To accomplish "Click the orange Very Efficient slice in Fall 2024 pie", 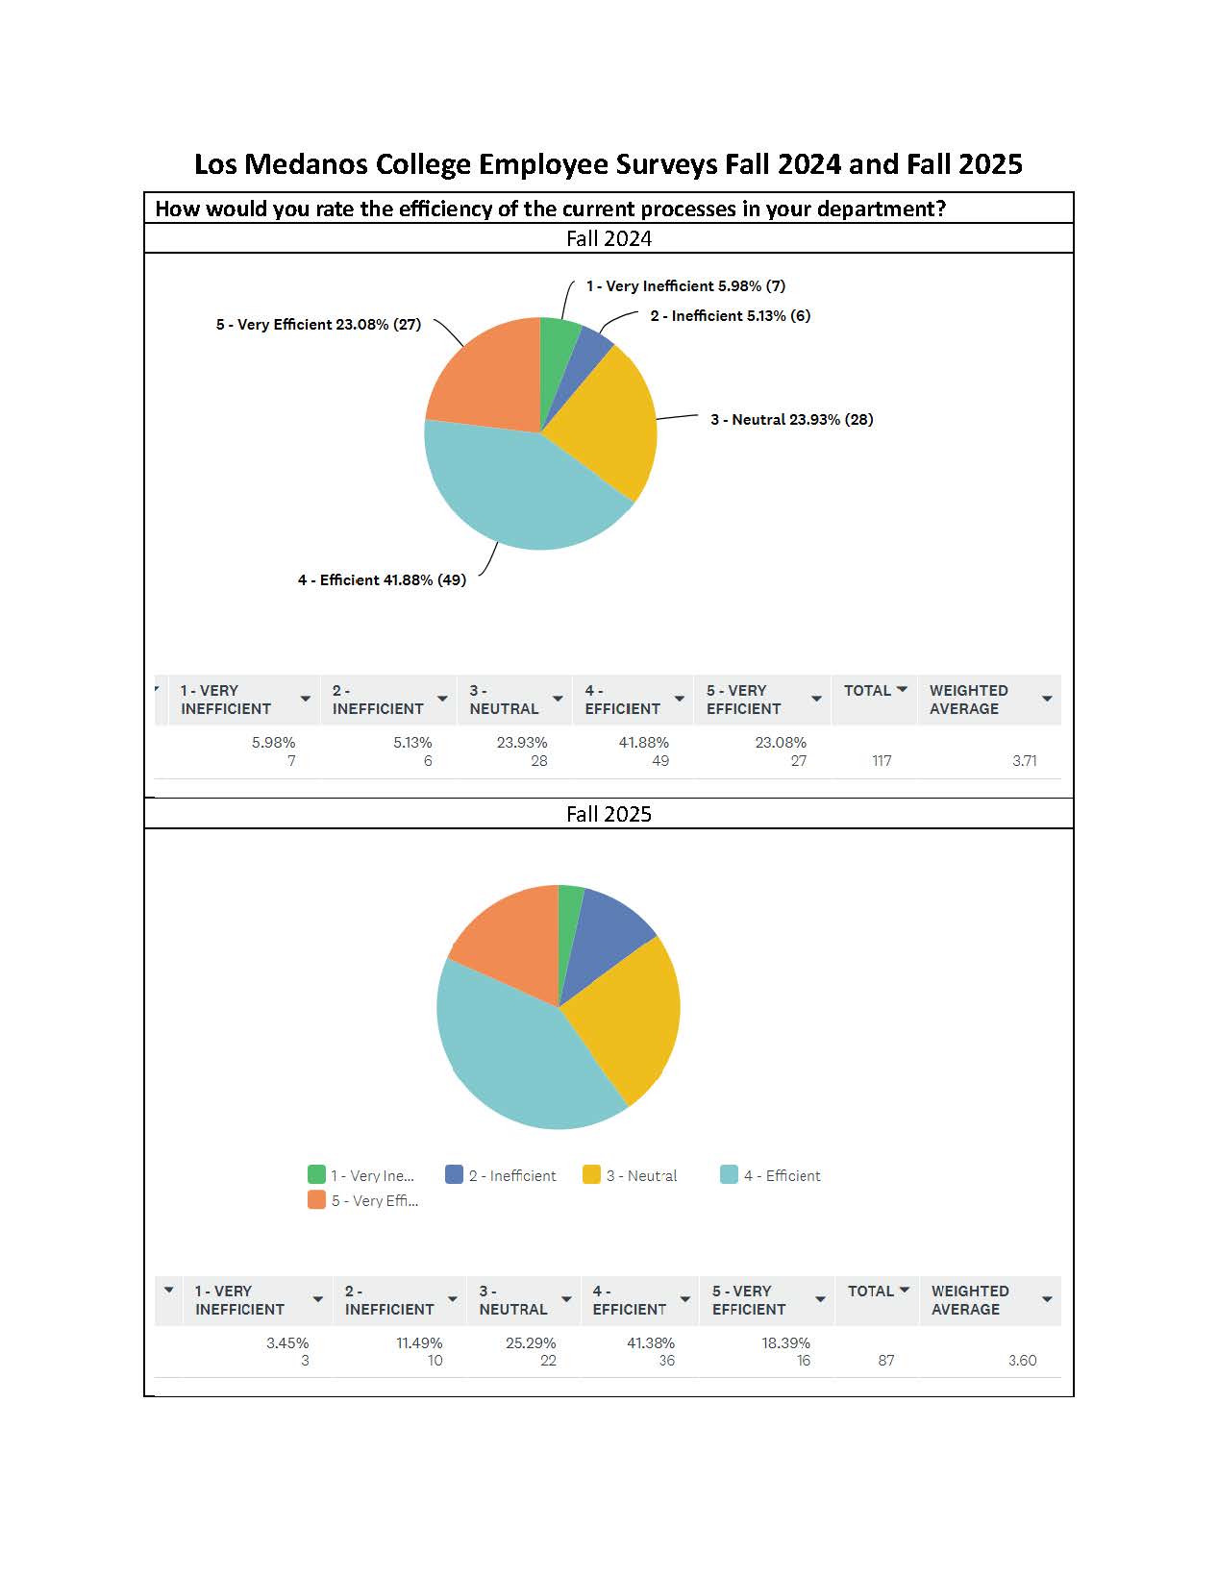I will coord(485,375).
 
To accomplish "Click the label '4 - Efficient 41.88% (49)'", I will coord(382,580).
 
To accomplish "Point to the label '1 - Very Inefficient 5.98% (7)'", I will coord(685,286).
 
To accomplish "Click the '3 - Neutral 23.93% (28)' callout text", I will coord(791,420).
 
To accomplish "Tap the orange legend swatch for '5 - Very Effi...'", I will coord(316,1199).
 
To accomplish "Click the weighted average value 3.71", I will coord(1024,761).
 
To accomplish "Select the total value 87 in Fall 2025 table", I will coord(885,1361).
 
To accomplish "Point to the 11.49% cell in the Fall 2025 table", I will coord(419,1343).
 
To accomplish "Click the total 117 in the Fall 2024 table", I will coord(881,761).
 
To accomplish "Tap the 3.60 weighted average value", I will coord(1022,1361).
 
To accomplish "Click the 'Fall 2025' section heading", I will coord(609,814).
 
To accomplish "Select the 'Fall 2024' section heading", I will coord(609,238).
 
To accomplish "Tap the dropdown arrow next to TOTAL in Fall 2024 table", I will coord(902,690).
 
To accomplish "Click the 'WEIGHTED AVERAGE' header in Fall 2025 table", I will coord(969,1300).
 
